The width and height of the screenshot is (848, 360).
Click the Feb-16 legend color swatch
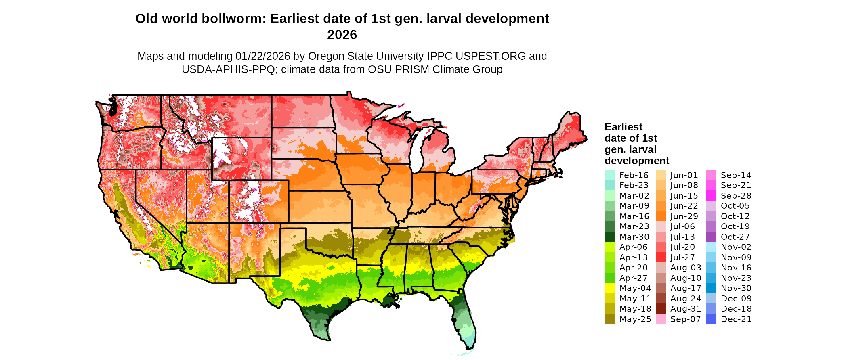tap(609, 175)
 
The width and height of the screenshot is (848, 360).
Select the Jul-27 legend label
tap(682, 257)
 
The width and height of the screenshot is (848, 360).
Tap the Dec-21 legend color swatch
tap(711, 319)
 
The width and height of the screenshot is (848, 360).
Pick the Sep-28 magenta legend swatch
tap(711, 196)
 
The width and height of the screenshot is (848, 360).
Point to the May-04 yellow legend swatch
tap(609, 288)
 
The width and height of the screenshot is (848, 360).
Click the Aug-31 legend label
tap(686, 309)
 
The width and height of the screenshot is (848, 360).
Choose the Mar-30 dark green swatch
tap(609, 237)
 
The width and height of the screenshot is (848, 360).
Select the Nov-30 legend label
tap(736, 288)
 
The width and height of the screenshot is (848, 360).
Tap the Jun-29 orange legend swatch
tap(661, 216)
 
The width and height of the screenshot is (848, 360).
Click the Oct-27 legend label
tap(735, 237)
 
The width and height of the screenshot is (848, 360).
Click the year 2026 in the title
tap(342, 35)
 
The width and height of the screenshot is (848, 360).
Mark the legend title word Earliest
tap(623, 127)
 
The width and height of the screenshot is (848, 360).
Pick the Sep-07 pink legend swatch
tap(661, 319)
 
